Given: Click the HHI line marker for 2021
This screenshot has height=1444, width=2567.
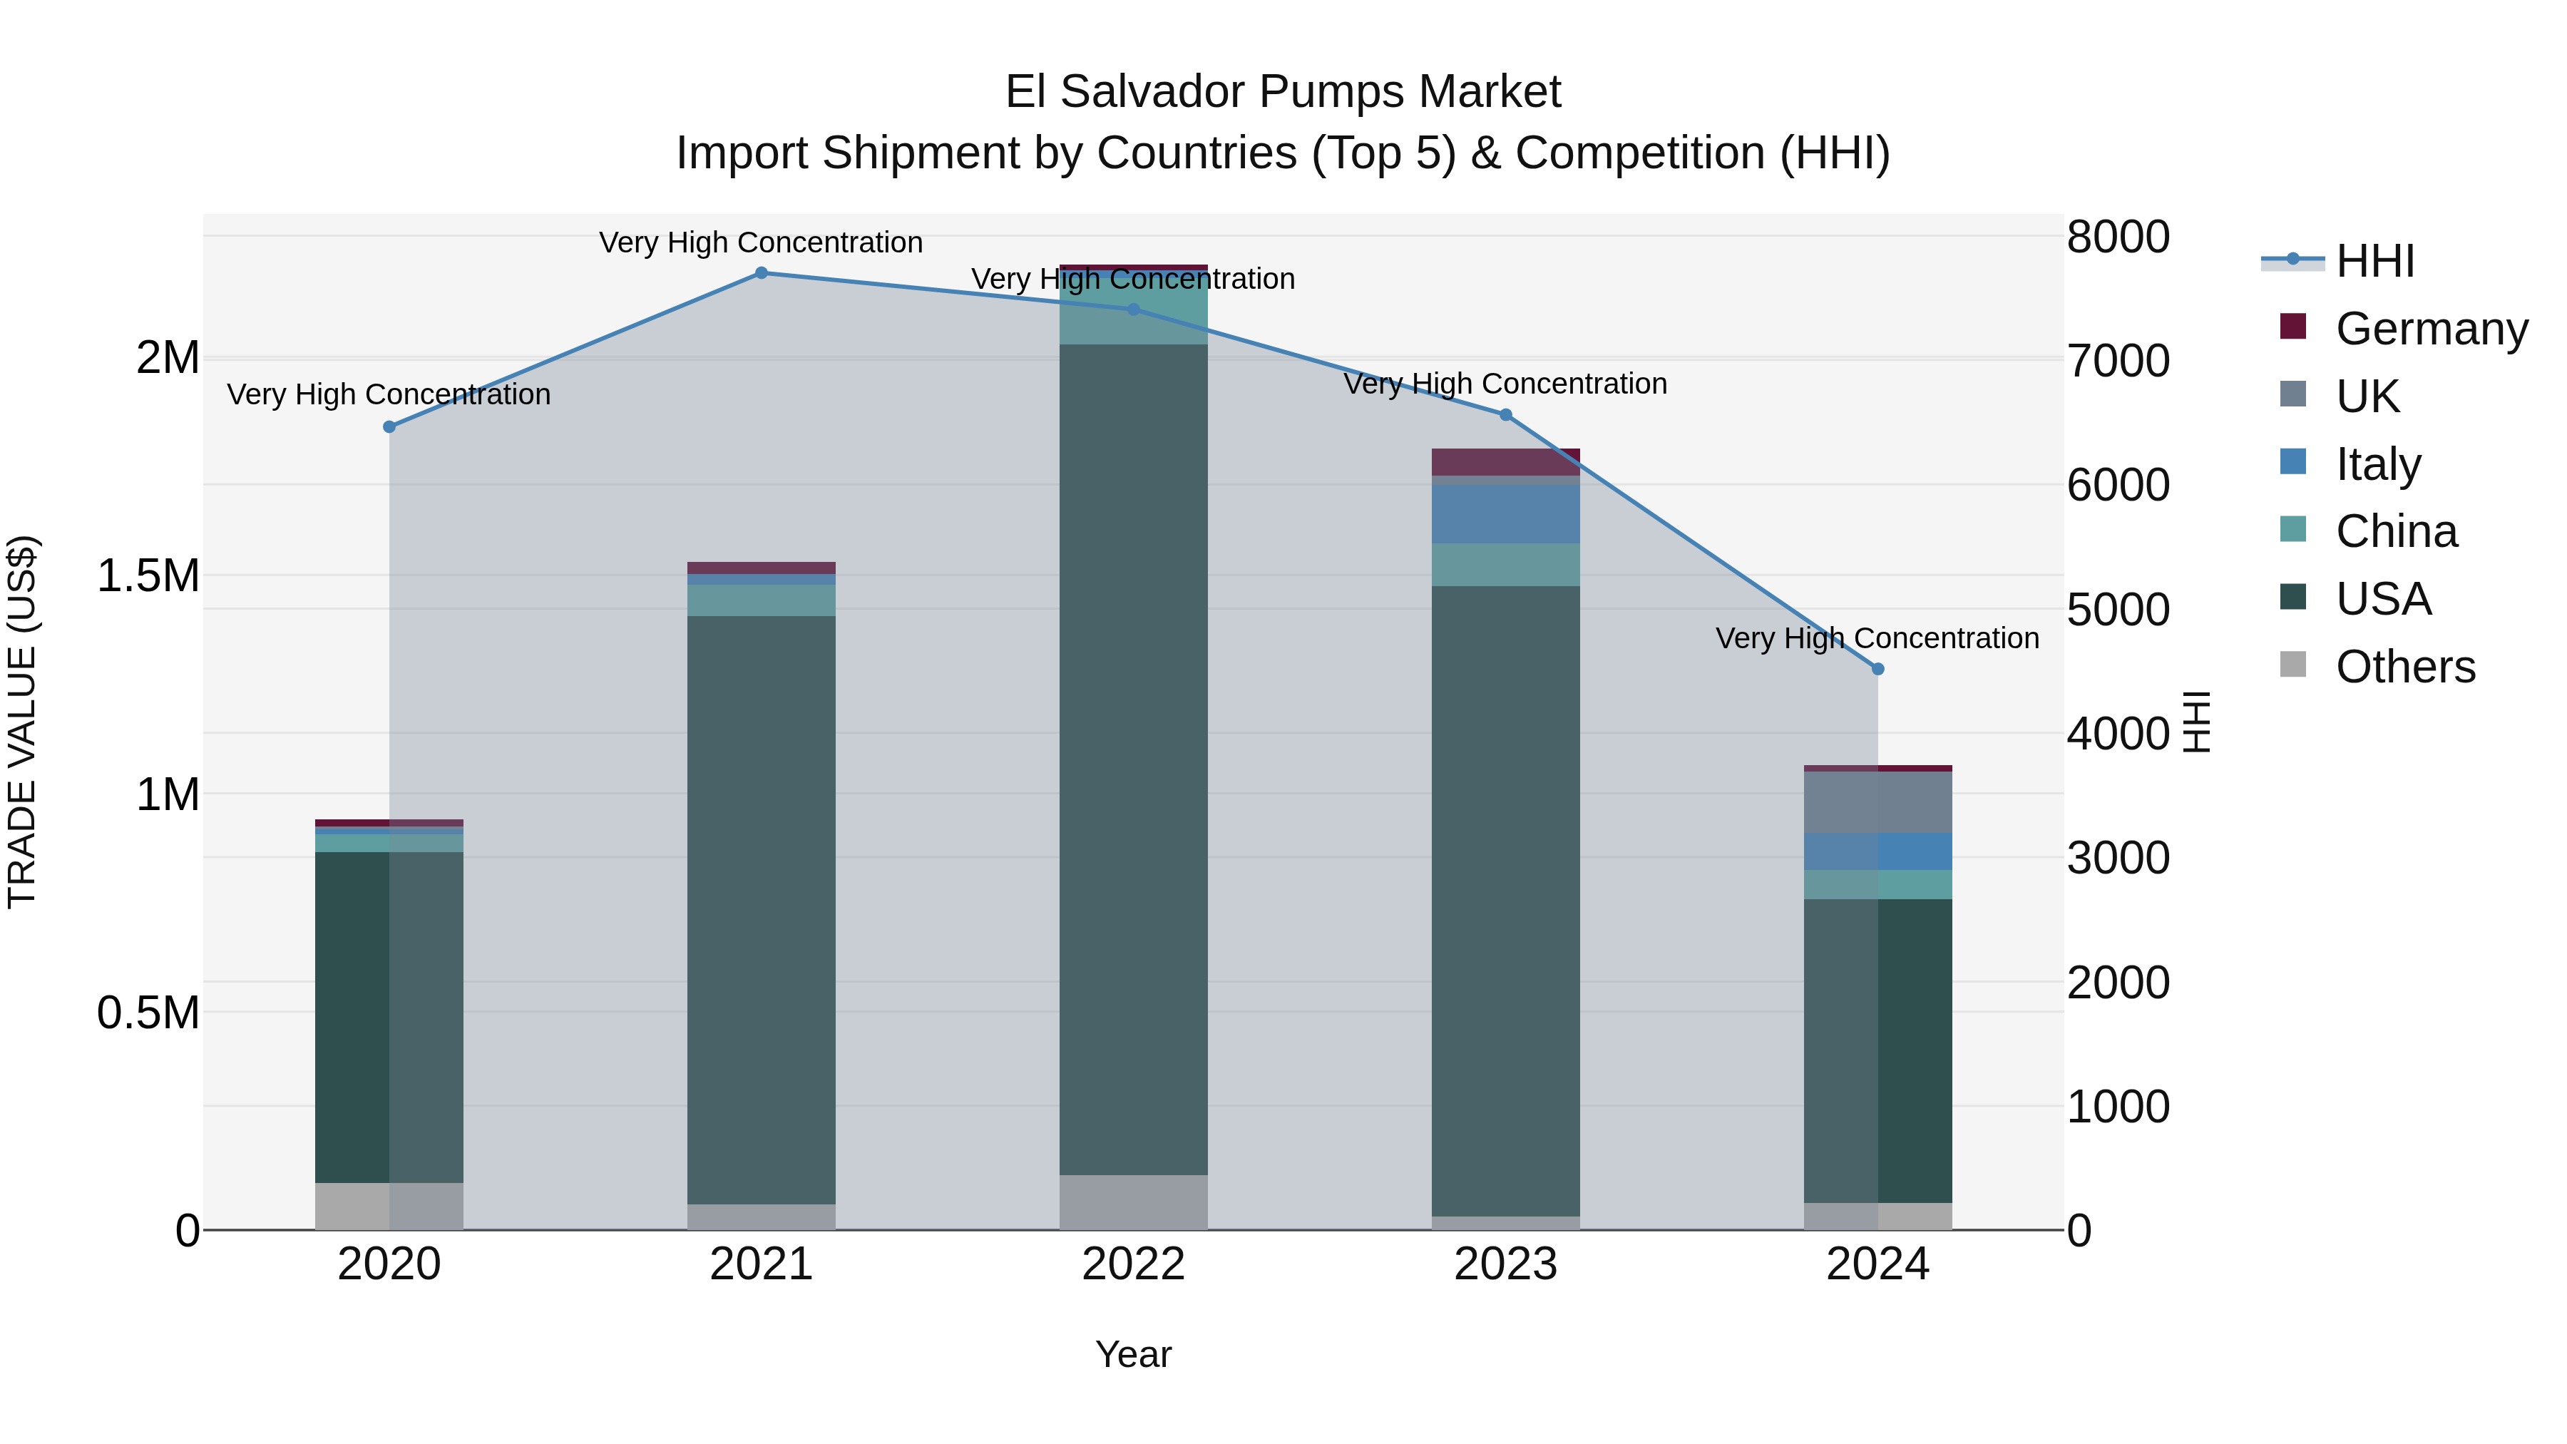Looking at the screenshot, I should pyautogui.click(x=762, y=273).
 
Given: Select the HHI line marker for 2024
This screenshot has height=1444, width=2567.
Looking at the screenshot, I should pyautogui.click(x=1877, y=670).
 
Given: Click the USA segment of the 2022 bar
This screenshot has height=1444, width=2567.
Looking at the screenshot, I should pyautogui.click(x=1133, y=757).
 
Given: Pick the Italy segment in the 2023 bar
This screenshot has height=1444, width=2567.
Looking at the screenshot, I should pyautogui.click(x=1506, y=514).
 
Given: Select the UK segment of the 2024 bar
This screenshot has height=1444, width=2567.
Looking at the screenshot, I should pyautogui.click(x=1877, y=802).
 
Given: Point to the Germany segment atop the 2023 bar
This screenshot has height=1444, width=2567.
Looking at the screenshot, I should pyautogui.click(x=1506, y=462).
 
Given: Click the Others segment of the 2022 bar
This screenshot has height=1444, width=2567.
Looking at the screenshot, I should pyautogui.click(x=1133, y=1202).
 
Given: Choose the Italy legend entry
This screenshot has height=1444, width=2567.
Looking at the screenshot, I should pyautogui.click(x=2377, y=464).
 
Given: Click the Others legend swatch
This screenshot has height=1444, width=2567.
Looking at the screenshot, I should pyautogui.click(x=2293, y=665).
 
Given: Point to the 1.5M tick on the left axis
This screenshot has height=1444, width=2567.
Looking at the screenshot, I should pyautogui.click(x=148, y=576).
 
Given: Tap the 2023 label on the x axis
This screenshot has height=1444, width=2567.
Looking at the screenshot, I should pyautogui.click(x=1506, y=1264).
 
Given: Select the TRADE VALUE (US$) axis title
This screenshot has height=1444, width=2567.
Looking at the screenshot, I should pyautogui.click(x=22, y=722).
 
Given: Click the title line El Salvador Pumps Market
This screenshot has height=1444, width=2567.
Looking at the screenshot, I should pyautogui.click(x=1283, y=92).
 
